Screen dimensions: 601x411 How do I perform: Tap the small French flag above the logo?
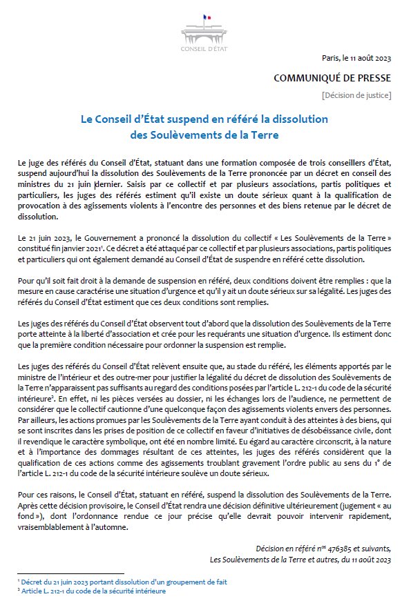pos(205,17)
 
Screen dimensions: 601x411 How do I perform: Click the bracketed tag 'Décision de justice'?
pos(356,94)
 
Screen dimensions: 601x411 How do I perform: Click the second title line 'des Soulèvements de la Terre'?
pos(204,134)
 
